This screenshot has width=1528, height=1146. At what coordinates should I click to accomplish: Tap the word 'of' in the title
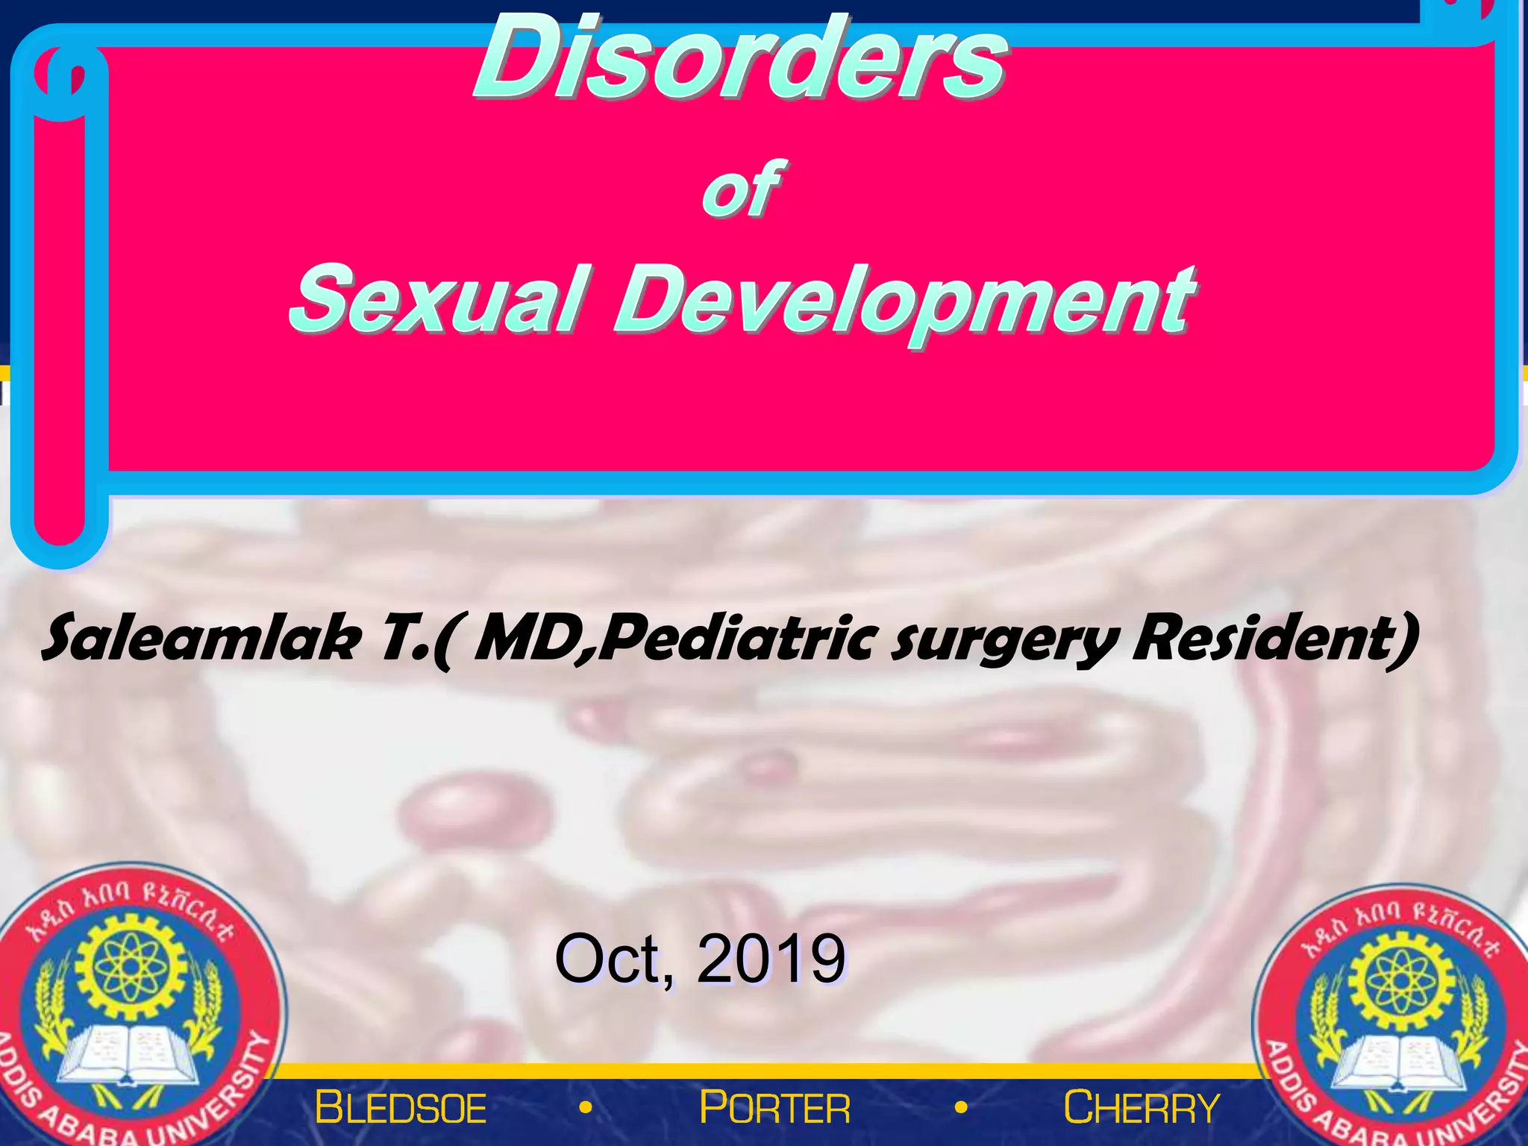[740, 190]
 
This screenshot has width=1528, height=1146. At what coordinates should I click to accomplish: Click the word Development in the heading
[904, 301]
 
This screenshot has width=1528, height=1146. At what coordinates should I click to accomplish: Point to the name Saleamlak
[201, 639]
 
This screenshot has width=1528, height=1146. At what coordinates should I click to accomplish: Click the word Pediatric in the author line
[735, 639]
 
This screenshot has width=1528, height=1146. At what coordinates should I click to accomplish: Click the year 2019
[771, 959]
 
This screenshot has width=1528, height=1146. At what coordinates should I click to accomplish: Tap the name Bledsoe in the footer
[401, 1107]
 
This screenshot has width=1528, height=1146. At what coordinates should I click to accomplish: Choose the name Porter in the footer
[774, 1107]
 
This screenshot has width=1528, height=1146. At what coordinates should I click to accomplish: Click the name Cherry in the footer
[1142, 1107]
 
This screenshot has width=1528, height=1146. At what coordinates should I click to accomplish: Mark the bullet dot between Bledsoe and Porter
[586, 1108]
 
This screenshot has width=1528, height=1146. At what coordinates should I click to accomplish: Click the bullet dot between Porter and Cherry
[961, 1108]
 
